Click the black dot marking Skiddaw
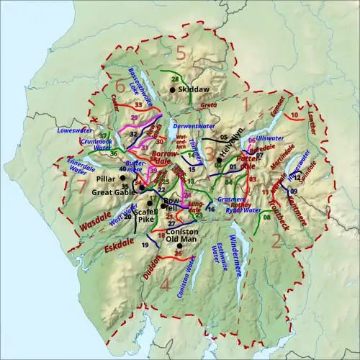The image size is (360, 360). pyautogui.click(x=173, y=89)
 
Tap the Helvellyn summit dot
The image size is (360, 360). pyautogui.click(x=218, y=160)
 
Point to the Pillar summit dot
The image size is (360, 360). pyautogui.click(x=122, y=177)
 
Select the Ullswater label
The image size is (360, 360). pyautogui.click(x=268, y=137)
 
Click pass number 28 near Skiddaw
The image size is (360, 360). pyautogui.click(x=175, y=78)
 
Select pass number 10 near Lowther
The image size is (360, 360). pyautogui.click(x=294, y=114)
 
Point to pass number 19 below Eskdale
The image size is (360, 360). pyautogui.click(x=145, y=246)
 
